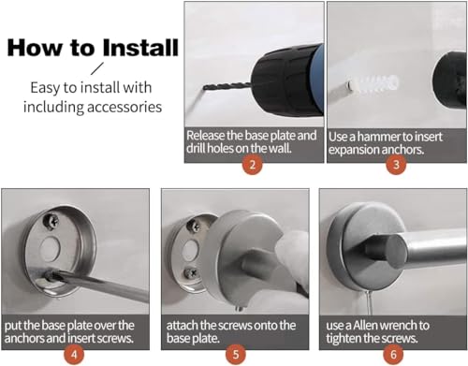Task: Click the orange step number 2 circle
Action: pyautogui.click(x=253, y=164)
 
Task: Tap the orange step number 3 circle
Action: pyautogui.click(x=396, y=164)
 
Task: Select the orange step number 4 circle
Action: pyautogui.click(x=74, y=355)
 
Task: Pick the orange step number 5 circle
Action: pyautogui.click(x=236, y=355)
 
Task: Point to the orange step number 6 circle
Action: pyautogui.click(x=393, y=355)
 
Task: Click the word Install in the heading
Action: pyautogui.click(x=140, y=48)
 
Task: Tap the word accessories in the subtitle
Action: pyautogui.click(x=124, y=107)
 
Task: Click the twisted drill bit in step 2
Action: pyautogui.click(x=227, y=86)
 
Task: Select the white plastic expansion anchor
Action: pyautogui.click(x=373, y=83)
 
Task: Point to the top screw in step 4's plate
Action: pyautogui.click(x=51, y=221)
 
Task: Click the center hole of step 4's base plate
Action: pyautogui.click(x=50, y=249)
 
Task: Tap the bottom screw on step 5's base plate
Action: pyautogui.click(x=191, y=273)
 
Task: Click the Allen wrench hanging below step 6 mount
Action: pyautogui.click(x=369, y=302)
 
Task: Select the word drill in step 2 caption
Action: pyautogui.click(x=196, y=148)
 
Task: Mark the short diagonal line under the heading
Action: pyautogui.click(x=97, y=68)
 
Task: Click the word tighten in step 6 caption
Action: pyautogui.click(x=344, y=339)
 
